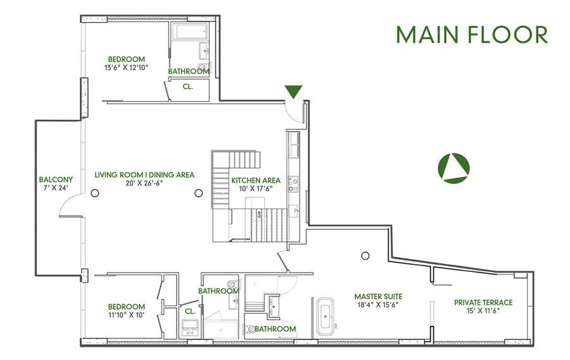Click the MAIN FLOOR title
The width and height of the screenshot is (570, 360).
pos(472,35)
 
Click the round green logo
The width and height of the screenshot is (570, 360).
pos(453,168)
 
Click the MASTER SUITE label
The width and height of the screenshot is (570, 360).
pos(378,296)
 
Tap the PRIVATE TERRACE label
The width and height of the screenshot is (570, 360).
pos(483,302)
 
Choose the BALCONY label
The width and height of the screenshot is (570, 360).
pos(56,179)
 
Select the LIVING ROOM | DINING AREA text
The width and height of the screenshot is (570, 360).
pos(144,175)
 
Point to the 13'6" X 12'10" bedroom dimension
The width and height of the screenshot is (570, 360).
pos(126,67)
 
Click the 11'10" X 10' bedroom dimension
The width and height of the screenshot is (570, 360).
pos(126,315)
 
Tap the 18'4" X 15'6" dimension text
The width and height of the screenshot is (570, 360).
pos(378,304)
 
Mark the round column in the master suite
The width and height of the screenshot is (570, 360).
pos(365,255)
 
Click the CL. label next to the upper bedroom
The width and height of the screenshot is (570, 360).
pos(187,87)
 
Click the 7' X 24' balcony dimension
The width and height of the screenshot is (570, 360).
pos(56,188)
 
